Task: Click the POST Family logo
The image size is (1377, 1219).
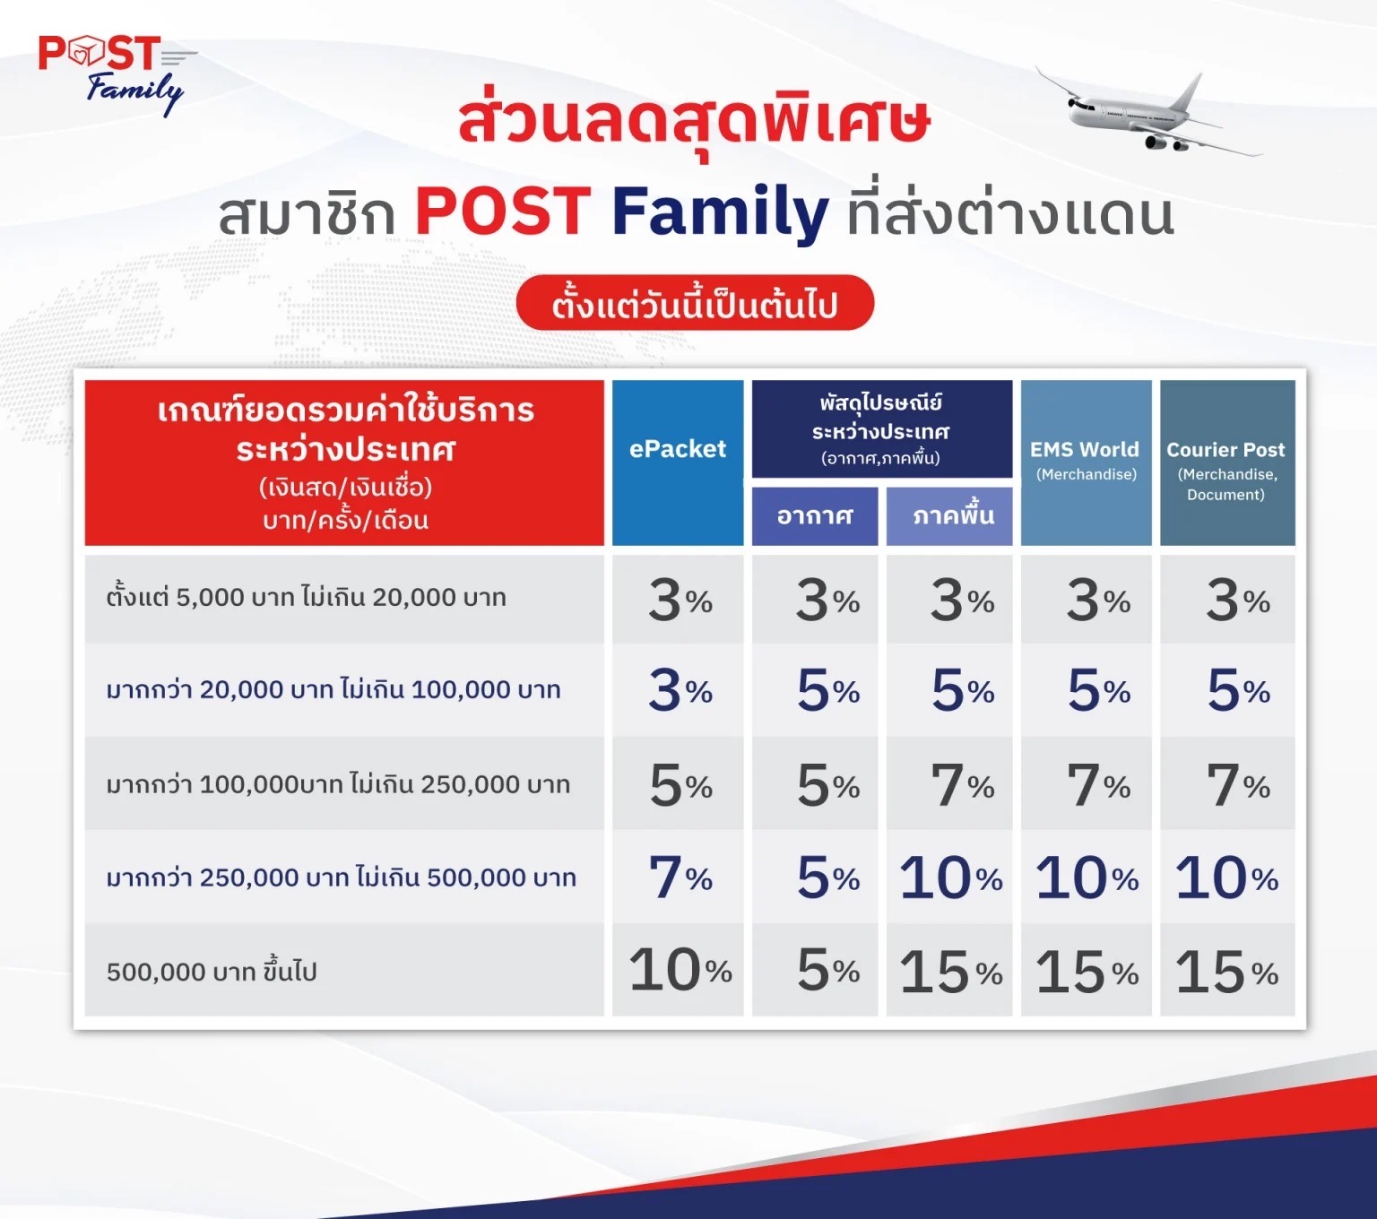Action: click(x=117, y=74)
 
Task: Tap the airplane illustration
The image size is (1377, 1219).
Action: click(x=1148, y=112)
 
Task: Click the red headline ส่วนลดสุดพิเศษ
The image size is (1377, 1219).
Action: click(x=694, y=125)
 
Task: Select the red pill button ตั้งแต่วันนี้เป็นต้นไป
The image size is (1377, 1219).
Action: click(x=695, y=303)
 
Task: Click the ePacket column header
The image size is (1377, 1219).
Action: click(x=678, y=462)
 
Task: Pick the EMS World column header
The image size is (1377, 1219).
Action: click(x=1087, y=462)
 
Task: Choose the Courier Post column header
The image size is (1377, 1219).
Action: click(x=1227, y=462)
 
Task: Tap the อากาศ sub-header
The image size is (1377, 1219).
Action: click(x=815, y=515)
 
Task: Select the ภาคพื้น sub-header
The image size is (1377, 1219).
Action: click(x=949, y=515)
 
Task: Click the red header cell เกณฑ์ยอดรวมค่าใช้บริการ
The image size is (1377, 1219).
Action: click(x=344, y=462)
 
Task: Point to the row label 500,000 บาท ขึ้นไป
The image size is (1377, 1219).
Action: click(x=212, y=971)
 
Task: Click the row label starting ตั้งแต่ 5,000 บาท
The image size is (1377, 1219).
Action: click(x=307, y=597)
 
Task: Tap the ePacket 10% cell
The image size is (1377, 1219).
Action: click(x=678, y=970)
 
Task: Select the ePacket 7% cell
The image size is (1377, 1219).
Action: click(x=678, y=877)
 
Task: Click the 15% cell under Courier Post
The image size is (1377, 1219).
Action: click(x=1227, y=970)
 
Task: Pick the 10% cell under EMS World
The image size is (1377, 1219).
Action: click(x=1087, y=877)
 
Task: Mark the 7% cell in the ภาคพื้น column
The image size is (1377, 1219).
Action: click(x=949, y=784)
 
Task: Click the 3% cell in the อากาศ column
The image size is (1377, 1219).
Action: click(x=815, y=600)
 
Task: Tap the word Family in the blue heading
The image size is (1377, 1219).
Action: click(x=720, y=212)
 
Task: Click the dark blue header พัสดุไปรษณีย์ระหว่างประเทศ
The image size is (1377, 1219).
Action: click(x=882, y=428)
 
